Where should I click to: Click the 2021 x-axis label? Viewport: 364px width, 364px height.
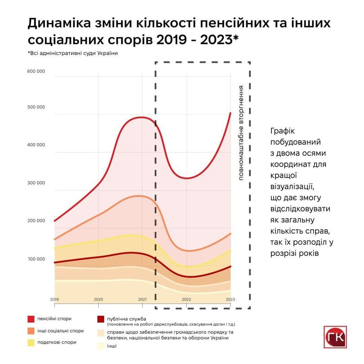point(142,299)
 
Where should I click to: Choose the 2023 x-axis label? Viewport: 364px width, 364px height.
point(230,299)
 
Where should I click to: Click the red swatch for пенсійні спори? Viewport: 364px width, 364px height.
point(31,319)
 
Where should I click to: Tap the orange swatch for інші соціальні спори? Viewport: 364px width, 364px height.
point(31,331)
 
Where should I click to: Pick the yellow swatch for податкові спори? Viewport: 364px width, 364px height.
point(31,342)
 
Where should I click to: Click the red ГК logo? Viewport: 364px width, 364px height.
point(336,337)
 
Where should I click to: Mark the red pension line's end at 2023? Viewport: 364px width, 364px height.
point(230,113)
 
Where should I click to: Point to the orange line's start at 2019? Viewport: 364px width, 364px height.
point(54,239)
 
